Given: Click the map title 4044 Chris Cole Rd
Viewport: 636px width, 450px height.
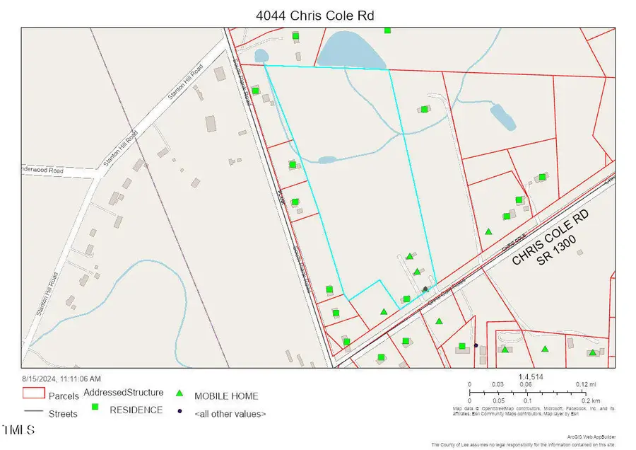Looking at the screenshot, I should coord(317,13).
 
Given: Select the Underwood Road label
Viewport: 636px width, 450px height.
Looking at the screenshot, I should coord(42,171).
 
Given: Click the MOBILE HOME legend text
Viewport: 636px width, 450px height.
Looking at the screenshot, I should coord(226,396).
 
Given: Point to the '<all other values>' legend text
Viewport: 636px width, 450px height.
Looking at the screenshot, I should coord(230,413).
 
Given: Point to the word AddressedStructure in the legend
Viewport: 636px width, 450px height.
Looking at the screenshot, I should coord(124,392).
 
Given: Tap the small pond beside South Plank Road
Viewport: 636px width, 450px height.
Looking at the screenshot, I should coord(261,55).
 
